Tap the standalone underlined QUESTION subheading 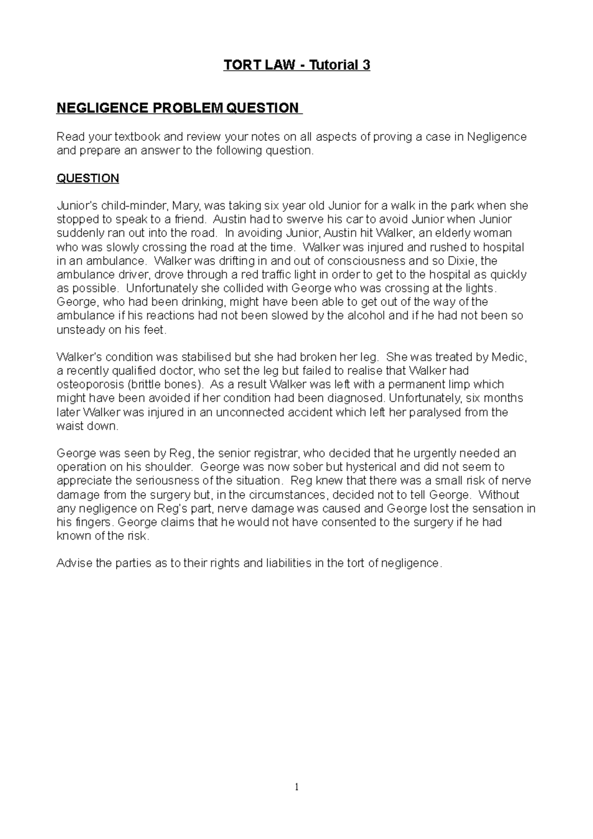click(88, 178)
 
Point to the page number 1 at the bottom click(296, 788)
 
